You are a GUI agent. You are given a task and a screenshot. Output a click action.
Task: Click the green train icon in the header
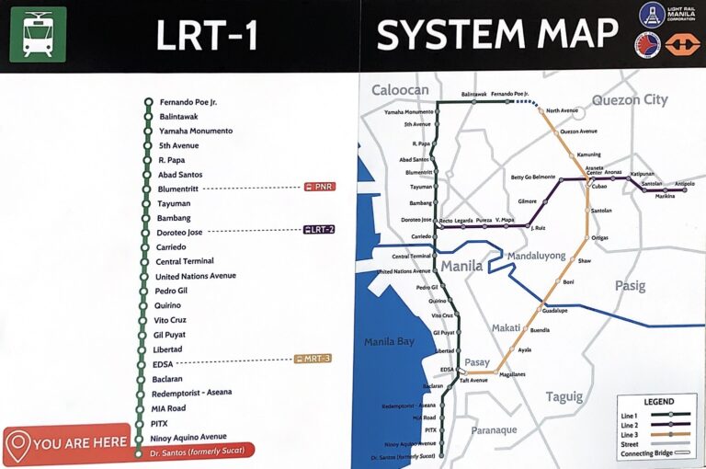pyautogui.click(x=38, y=34)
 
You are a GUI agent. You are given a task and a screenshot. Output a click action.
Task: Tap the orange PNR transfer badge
pyautogui.click(x=320, y=187)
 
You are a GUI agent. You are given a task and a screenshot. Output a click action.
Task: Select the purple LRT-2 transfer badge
pyautogui.click(x=319, y=230)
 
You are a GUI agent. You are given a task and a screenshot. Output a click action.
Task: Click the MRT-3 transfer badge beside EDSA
pyautogui.click(x=313, y=359)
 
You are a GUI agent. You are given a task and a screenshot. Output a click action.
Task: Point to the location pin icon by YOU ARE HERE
pyautogui.click(x=17, y=444)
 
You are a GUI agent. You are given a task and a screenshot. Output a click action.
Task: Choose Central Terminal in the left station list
pyautogui.click(x=184, y=261)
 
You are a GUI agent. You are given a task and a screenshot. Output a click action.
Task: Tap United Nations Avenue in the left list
pyautogui.click(x=195, y=276)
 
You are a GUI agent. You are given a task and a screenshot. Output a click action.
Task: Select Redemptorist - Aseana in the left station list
pyautogui.click(x=191, y=393)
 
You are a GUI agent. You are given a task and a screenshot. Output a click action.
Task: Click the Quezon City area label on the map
pyautogui.click(x=629, y=100)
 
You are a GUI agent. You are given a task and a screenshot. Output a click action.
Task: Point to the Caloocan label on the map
pyautogui.click(x=400, y=90)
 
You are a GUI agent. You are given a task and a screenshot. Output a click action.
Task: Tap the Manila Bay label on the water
pyautogui.click(x=390, y=343)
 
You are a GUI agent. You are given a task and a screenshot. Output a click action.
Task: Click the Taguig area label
pyautogui.click(x=564, y=397)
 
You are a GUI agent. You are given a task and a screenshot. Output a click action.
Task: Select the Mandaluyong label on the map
pyautogui.click(x=537, y=256)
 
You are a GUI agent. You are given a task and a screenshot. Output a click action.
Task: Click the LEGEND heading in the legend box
pyautogui.click(x=658, y=402)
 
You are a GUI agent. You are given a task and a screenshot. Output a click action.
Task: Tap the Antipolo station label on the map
pyautogui.click(x=685, y=184)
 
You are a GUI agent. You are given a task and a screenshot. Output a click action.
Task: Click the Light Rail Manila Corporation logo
pyautogui.click(x=653, y=15)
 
